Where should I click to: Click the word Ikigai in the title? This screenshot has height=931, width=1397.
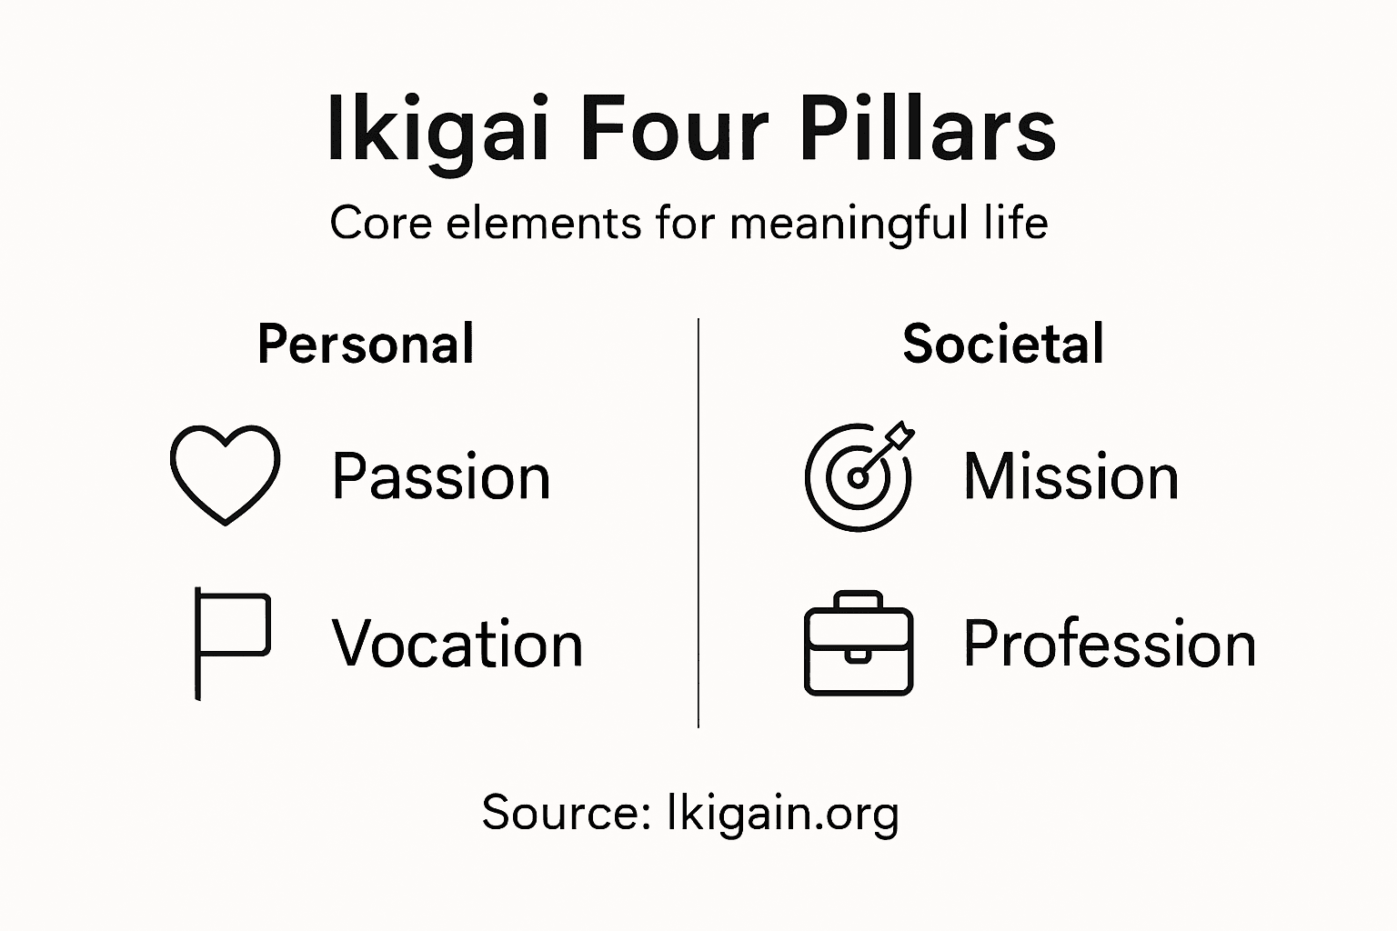[437, 132]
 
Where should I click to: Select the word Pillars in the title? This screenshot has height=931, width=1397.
[928, 132]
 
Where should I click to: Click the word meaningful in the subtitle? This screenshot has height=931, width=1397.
[849, 223]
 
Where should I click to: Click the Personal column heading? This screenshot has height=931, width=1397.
[366, 345]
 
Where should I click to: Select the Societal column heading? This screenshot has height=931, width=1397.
[1003, 345]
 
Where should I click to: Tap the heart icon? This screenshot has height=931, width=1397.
[225, 474]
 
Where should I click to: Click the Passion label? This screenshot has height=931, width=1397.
[441, 476]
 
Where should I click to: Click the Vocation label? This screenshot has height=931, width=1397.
[457, 644]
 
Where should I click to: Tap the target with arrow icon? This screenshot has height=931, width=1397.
[858, 476]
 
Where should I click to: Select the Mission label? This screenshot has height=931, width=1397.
[1070, 476]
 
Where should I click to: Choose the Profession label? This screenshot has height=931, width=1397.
[1110, 644]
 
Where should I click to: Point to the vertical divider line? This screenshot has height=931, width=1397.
[698, 523]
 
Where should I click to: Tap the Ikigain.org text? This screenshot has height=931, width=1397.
[782, 812]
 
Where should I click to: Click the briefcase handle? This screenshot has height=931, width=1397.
[859, 600]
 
